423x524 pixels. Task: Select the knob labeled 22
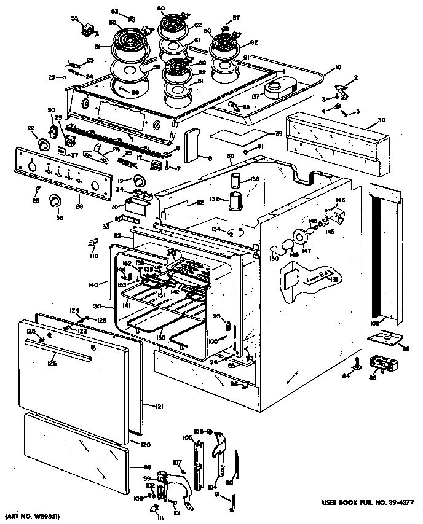(44, 144)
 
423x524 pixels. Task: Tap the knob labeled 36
(56, 201)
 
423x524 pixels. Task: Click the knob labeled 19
(141, 179)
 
